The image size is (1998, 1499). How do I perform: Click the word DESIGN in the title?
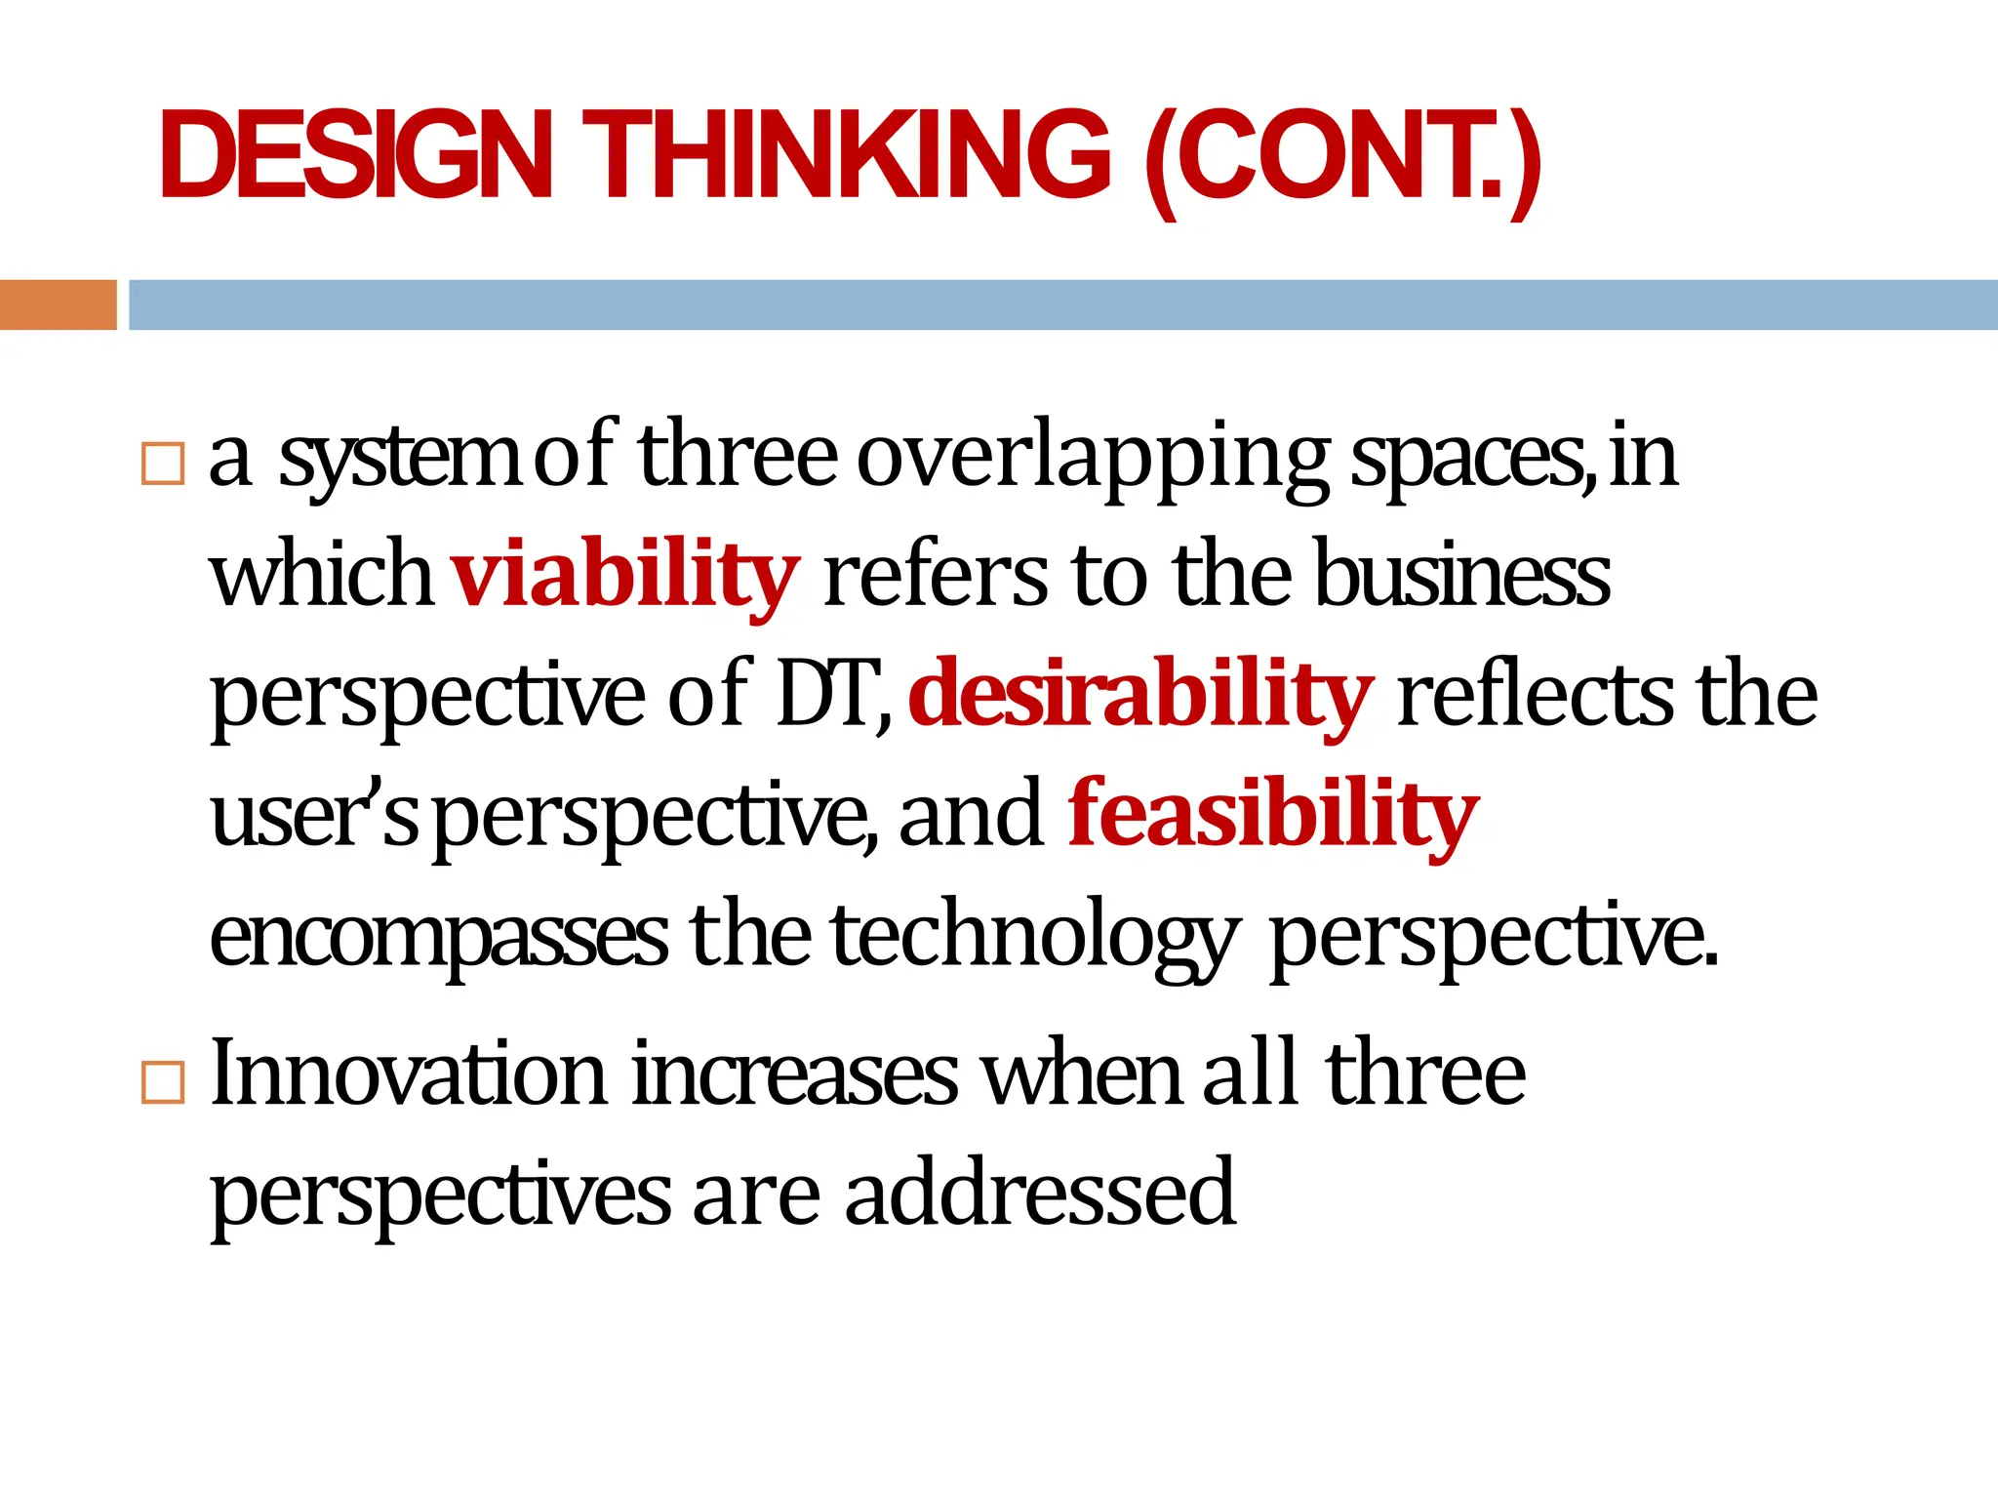[356, 156]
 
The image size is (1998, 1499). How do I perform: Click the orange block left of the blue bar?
[58, 304]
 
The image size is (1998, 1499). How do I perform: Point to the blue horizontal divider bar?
[1062, 304]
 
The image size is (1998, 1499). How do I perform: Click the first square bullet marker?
[163, 464]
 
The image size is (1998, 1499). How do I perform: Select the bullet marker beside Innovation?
[163, 1081]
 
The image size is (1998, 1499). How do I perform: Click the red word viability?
[625, 576]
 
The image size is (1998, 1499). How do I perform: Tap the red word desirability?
[1140, 696]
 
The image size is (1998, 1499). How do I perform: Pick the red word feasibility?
[1273, 815]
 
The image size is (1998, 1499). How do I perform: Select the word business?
[1462, 576]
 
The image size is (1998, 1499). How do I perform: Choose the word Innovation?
[409, 1074]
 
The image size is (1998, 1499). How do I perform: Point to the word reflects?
[1536, 695]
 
